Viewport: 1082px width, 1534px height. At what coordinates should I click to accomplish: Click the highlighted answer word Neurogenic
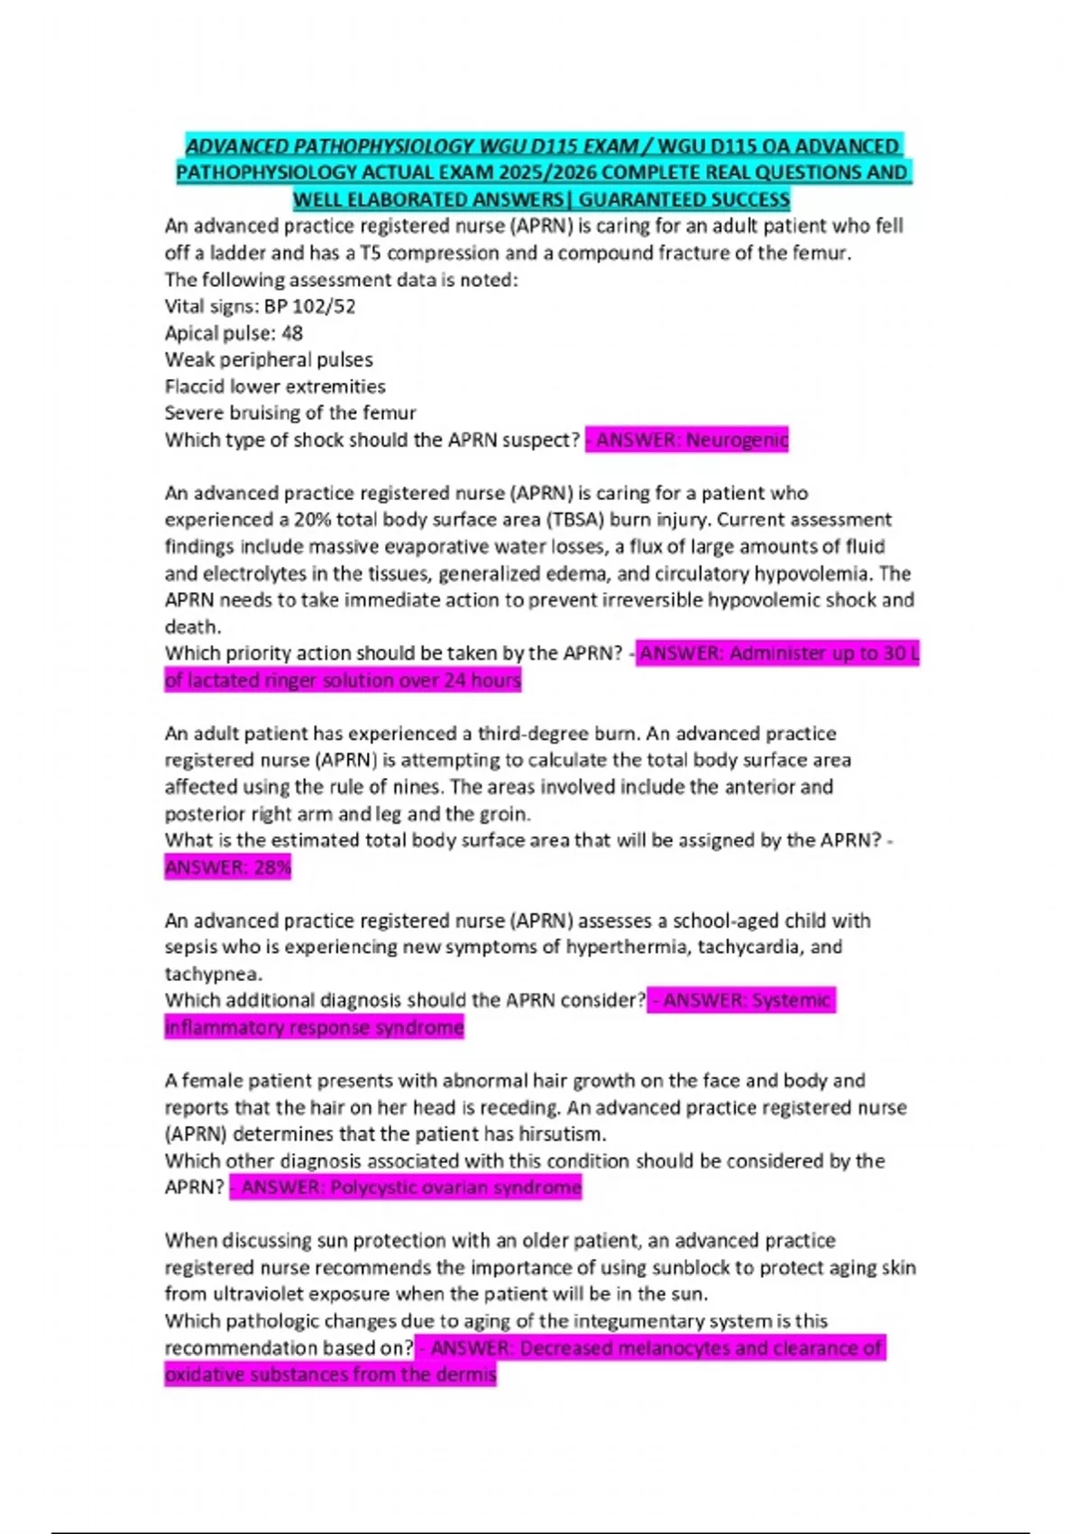[737, 440]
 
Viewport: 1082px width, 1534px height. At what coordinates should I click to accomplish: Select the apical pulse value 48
[292, 333]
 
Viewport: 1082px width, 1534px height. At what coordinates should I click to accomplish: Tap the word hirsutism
[563, 1134]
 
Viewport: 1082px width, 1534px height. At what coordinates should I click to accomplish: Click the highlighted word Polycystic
[372, 1187]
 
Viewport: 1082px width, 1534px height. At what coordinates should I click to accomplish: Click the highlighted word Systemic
[791, 1001]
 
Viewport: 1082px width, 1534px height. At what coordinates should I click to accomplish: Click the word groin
[503, 814]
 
